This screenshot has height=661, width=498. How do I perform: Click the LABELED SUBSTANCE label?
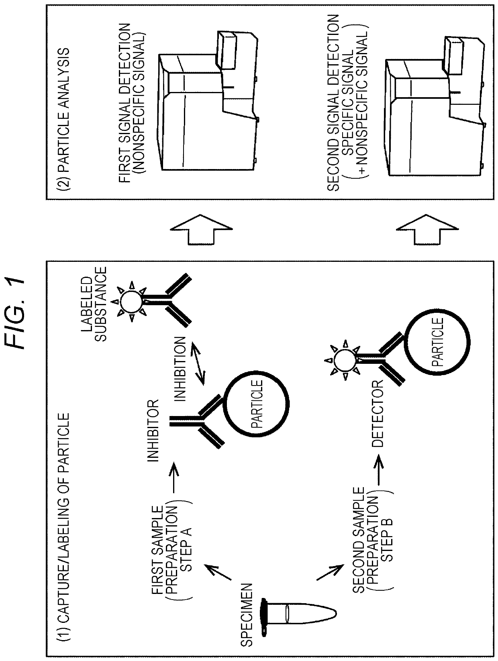pyautogui.click(x=96, y=304)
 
